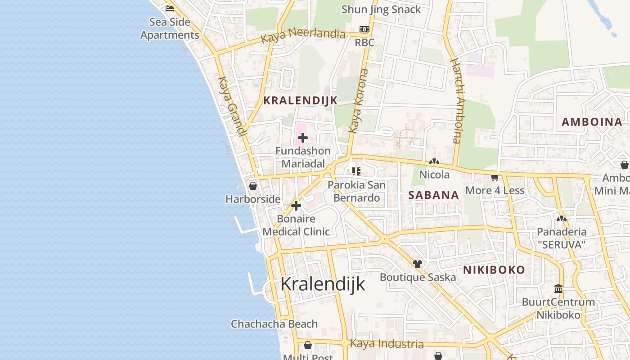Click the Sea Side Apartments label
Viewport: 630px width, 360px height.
170,28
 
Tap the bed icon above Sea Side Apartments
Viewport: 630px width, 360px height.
170,8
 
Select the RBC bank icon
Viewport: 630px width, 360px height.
364,30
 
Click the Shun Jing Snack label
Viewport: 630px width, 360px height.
381,9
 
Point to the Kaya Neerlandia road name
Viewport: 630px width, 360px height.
303,36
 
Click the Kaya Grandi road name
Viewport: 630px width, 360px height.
232,107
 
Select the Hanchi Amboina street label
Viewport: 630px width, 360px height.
457,101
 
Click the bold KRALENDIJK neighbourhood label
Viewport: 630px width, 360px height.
300,101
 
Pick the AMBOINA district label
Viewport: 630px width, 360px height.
592,122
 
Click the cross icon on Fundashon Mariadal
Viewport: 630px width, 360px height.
303,138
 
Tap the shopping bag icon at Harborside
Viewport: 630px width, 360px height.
253,185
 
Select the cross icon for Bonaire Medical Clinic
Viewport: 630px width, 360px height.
296,206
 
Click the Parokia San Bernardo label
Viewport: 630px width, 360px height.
356,191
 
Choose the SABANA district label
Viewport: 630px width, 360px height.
433,195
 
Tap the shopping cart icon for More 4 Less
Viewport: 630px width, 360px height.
495,177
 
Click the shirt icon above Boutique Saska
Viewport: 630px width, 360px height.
418,264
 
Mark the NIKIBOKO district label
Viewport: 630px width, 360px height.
494,270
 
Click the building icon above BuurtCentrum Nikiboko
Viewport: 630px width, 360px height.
558,288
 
